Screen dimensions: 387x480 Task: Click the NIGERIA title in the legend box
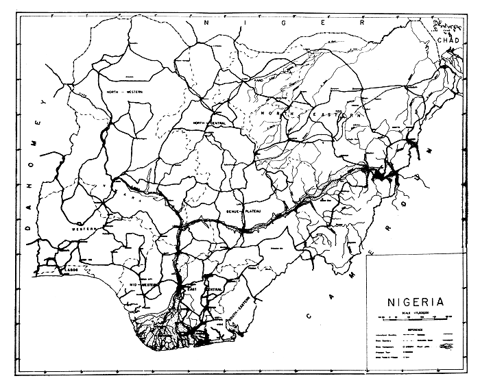click(x=416, y=301)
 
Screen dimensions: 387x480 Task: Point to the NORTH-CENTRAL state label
click(x=209, y=123)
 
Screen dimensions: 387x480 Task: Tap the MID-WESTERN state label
click(x=144, y=284)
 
